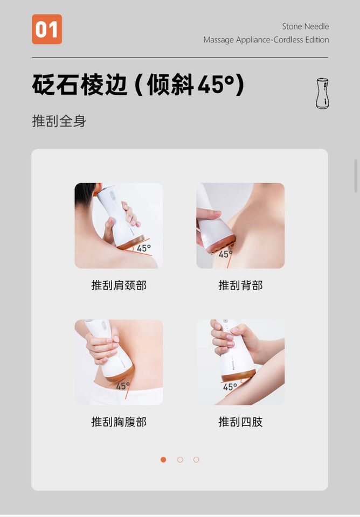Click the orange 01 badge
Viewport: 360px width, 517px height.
(47, 29)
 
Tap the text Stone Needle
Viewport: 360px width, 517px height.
(305, 26)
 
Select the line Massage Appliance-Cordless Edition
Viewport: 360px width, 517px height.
(266, 40)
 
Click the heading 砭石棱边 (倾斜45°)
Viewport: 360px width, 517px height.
(138, 85)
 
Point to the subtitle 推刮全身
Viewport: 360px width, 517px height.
(59, 121)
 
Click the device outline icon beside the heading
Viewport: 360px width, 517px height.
(322, 93)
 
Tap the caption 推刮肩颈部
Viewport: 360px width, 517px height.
(119, 285)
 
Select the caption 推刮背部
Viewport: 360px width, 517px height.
(240, 285)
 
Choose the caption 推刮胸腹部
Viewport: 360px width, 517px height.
(119, 422)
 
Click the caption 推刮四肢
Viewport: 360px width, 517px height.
(240, 422)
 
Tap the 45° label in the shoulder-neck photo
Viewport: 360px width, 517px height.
(144, 248)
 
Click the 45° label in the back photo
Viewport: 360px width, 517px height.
(225, 254)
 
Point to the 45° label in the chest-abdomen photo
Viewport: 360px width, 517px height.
(123, 386)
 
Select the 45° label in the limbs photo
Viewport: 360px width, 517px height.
(230, 387)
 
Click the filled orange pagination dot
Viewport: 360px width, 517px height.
(163, 459)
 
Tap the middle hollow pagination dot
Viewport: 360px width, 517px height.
(180, 459)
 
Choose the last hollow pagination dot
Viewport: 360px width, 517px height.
(196, 459)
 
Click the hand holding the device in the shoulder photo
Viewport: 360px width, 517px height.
(122, 221)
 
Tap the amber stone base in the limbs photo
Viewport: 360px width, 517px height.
(238, 375)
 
